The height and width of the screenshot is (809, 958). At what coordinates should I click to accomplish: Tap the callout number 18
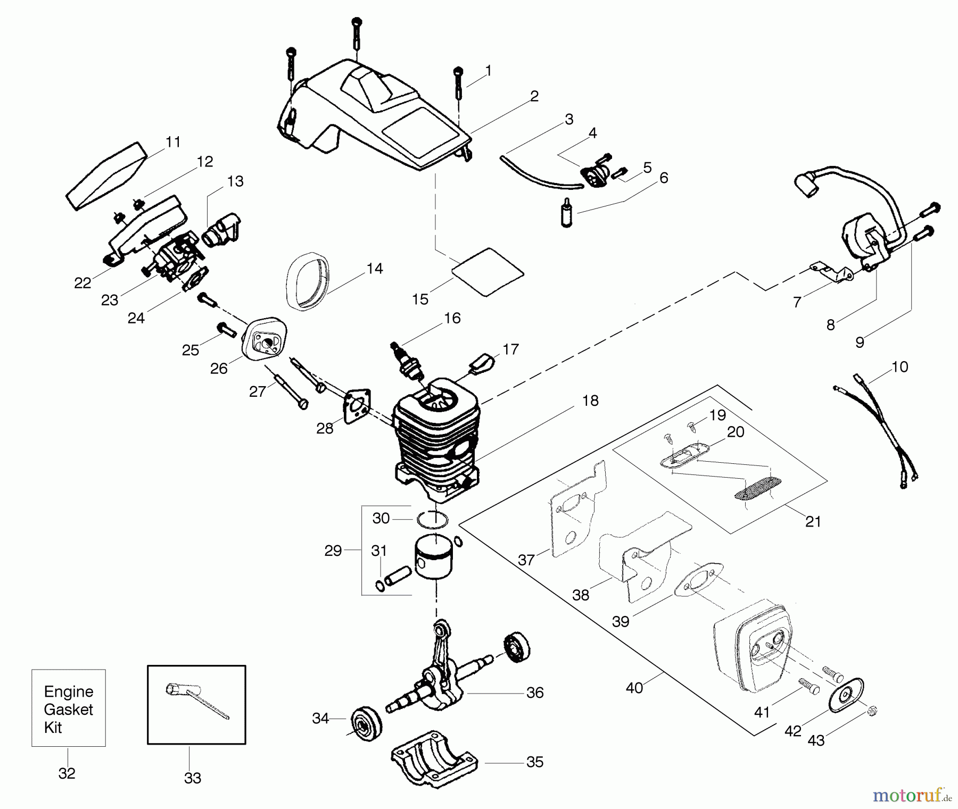tap(590, 401)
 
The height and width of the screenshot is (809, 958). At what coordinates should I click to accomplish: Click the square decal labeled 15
tap(488, 271)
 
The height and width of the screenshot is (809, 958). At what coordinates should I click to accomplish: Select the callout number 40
tap(634, 688)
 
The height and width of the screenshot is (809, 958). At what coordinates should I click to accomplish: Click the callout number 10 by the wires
tap(899, 367)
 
